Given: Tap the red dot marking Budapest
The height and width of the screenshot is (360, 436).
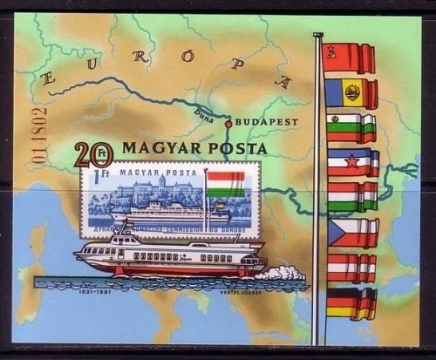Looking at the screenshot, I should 228,124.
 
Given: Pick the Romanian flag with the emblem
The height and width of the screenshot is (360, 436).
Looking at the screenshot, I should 351,93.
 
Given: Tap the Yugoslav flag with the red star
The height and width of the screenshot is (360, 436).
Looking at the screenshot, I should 351,163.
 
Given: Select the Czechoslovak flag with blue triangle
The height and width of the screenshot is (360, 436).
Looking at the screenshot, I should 351,233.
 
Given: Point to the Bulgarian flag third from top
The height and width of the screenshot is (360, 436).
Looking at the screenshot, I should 351,128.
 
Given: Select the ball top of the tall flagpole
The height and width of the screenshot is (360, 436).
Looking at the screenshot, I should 317,35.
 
